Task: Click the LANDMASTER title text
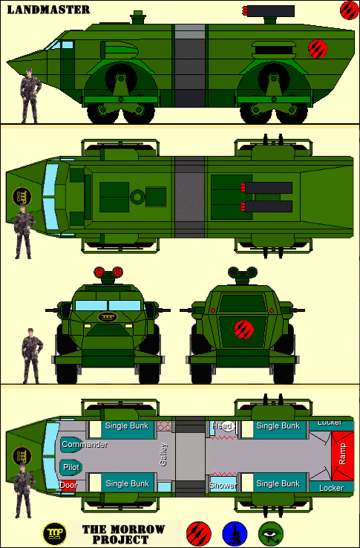(48, 10)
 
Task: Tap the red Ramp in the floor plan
(342, 456)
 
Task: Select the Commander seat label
(85, 445)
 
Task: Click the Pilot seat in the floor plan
(71, 467)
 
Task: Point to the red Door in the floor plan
(68, 485)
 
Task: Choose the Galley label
(163, 454)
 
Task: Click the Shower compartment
(223, 486)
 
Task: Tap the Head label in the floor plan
(223, 426)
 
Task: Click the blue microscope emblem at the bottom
(235, 535)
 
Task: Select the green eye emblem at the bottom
(271, 535)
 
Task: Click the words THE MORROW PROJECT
(123, 534)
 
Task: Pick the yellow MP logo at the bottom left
(54, 535)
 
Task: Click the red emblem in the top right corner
(350, 10)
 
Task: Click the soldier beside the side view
(30, 96)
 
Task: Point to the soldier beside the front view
(32, 356)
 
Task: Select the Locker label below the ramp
(331, 488)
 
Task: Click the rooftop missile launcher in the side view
(269, 12)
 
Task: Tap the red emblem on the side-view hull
(318, 49)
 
